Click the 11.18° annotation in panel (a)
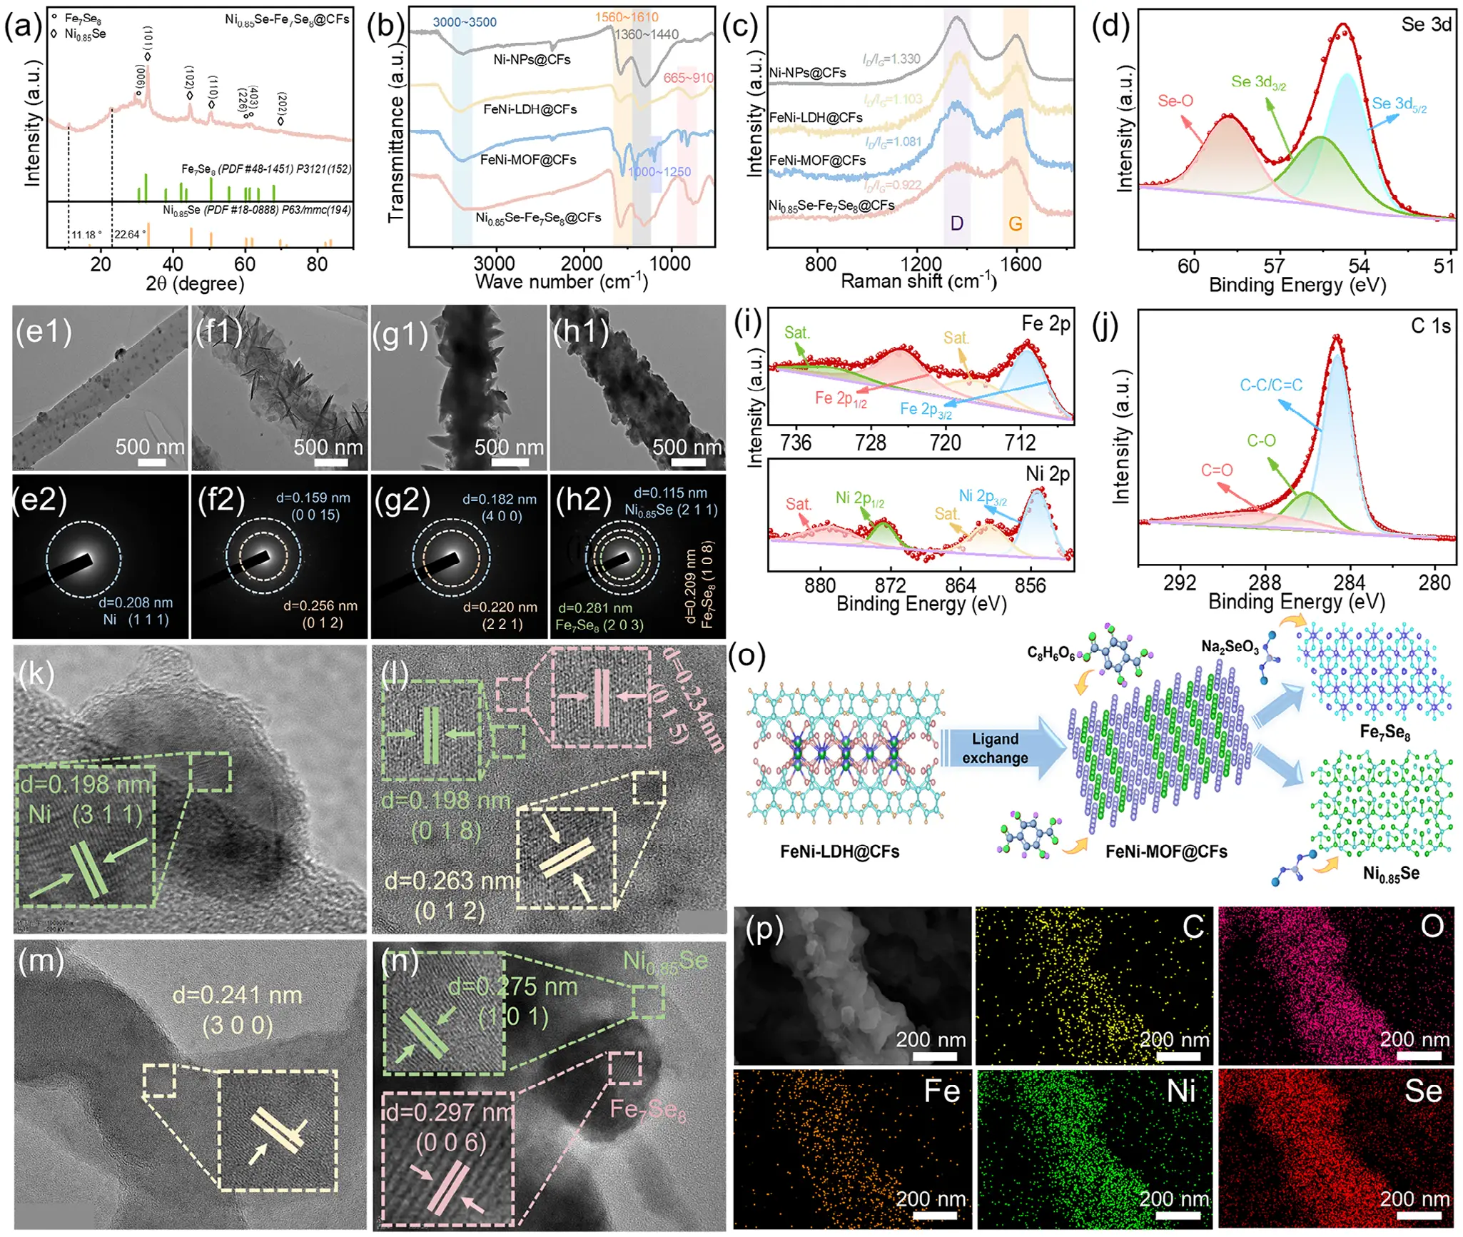[x=86, y=235]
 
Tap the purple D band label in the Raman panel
[x=957, y=223]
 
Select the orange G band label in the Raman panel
[x=1015, y=223]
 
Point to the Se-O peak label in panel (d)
[x=1175, y=101]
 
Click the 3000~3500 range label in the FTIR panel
[x=464, y=22]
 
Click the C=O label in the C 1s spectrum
[x=1216, y=470]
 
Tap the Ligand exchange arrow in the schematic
[x=995, y=748]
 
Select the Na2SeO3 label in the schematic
[x=1230, y=647]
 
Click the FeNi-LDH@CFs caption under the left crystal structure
[x=839, y=852]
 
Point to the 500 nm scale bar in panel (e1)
[x=151, y=462]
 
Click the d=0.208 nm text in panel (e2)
[x=136, y=603]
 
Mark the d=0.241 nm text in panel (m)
[x=237, y=995]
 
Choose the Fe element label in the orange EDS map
[x=941, y=1091]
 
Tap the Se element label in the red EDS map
[x=1422, y=1091]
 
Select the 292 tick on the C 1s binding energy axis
[x=1179, y=582]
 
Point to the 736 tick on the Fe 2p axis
[x=795, y=443]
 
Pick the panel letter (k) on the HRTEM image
[x=36, y=673]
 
